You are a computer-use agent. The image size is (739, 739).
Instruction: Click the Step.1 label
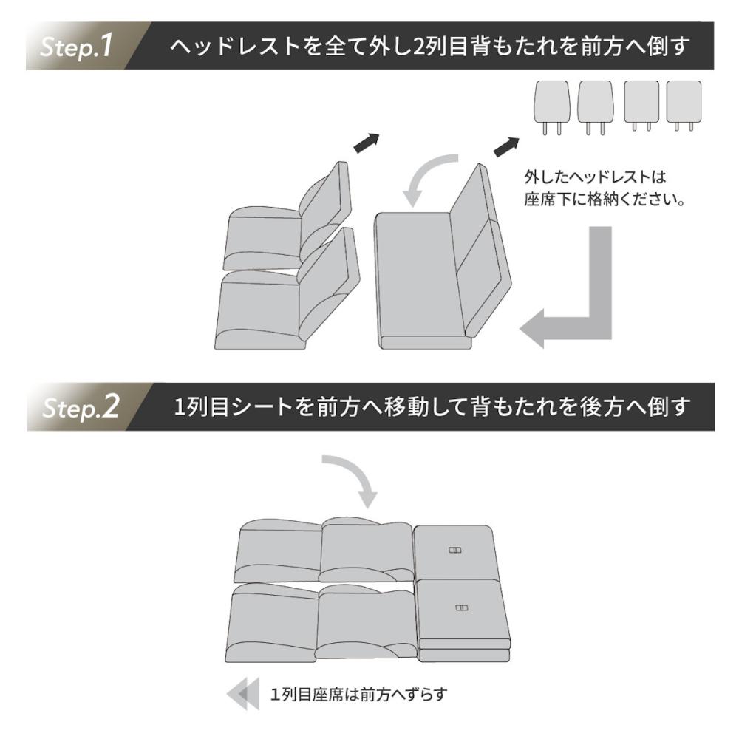(x=76, y=46)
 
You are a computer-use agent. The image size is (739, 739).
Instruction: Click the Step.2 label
(x=80, y=406)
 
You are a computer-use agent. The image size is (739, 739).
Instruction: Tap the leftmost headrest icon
(x=551, y=108)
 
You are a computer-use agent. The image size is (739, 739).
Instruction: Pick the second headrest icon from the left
(x=595, y=108)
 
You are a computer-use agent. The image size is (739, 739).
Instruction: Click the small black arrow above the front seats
(x=367, y=143)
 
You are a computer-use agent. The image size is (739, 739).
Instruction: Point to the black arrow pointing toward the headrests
(x=506, y=146)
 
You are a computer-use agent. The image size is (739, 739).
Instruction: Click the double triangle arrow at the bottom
(x=243, y=694)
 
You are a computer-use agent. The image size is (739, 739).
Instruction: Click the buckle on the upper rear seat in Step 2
(x=454, y=550)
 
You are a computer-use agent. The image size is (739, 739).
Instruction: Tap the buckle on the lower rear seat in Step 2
(x=462, y=608)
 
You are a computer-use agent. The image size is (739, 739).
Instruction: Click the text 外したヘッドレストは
(x=595, y=177)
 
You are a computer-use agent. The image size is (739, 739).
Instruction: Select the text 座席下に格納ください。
(x=605, y=200)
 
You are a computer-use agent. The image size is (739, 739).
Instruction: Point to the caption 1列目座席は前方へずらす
(x=358, y=694)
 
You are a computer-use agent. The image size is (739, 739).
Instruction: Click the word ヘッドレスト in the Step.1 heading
(x=235, y=46)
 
